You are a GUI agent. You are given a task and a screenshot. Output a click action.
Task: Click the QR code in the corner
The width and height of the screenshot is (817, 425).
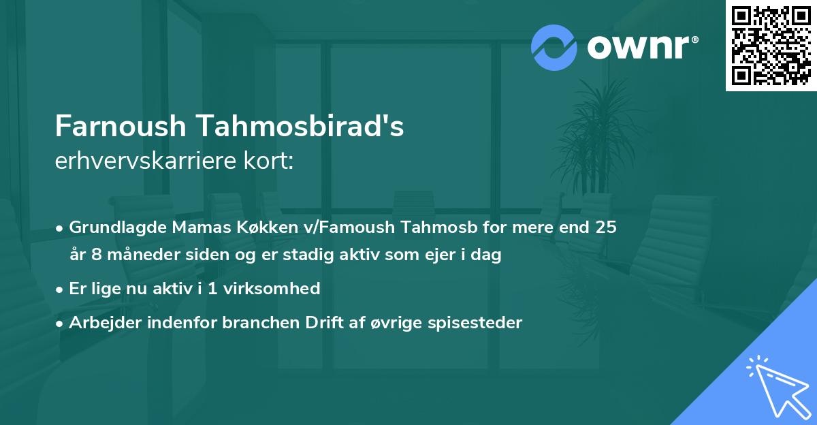pyautogui.click(x=771, y=45)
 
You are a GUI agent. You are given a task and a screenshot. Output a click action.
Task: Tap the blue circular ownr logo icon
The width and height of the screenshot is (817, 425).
pyautogui.click(x=554, y=47)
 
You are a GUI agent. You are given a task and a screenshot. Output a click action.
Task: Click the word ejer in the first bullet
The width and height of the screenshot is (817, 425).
pyautogui.click(x=440, y=255)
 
